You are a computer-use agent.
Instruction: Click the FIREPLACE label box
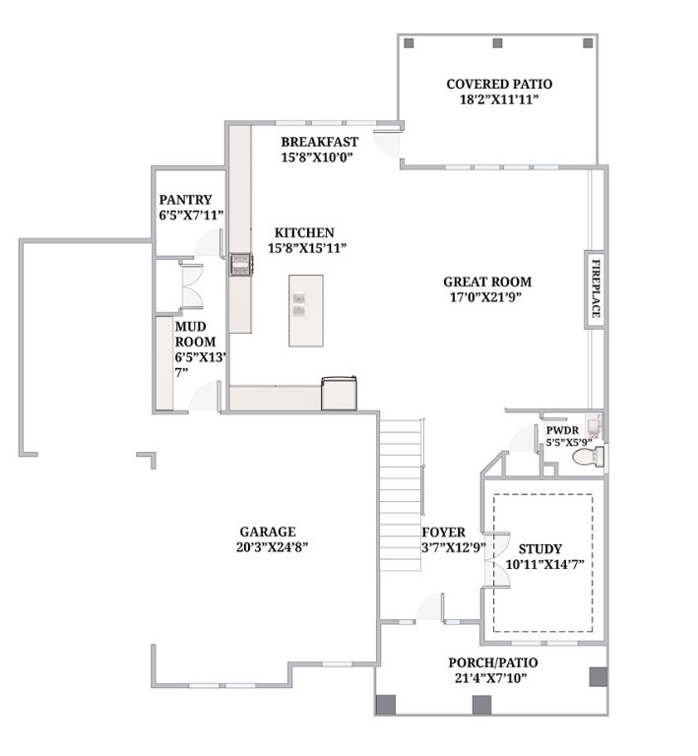(595, 288)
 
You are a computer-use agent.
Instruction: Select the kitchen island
(306, 310)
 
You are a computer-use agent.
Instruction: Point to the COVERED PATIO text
(498, 85)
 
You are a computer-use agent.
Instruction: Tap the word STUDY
(539, 550)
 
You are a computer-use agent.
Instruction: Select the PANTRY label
(185, 200)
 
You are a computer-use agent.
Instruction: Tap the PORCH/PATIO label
(492, 662)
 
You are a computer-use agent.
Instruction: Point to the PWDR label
(562, 430)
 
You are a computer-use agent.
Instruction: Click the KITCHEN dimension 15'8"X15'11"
(307, 248)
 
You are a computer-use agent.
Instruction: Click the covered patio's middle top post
(497, 43)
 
